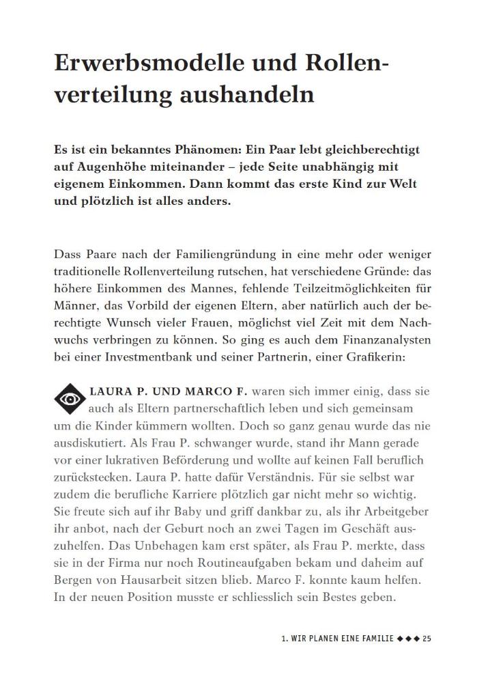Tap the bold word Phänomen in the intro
point(211,149)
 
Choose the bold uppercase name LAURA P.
point(121,391)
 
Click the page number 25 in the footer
point(427,639)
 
